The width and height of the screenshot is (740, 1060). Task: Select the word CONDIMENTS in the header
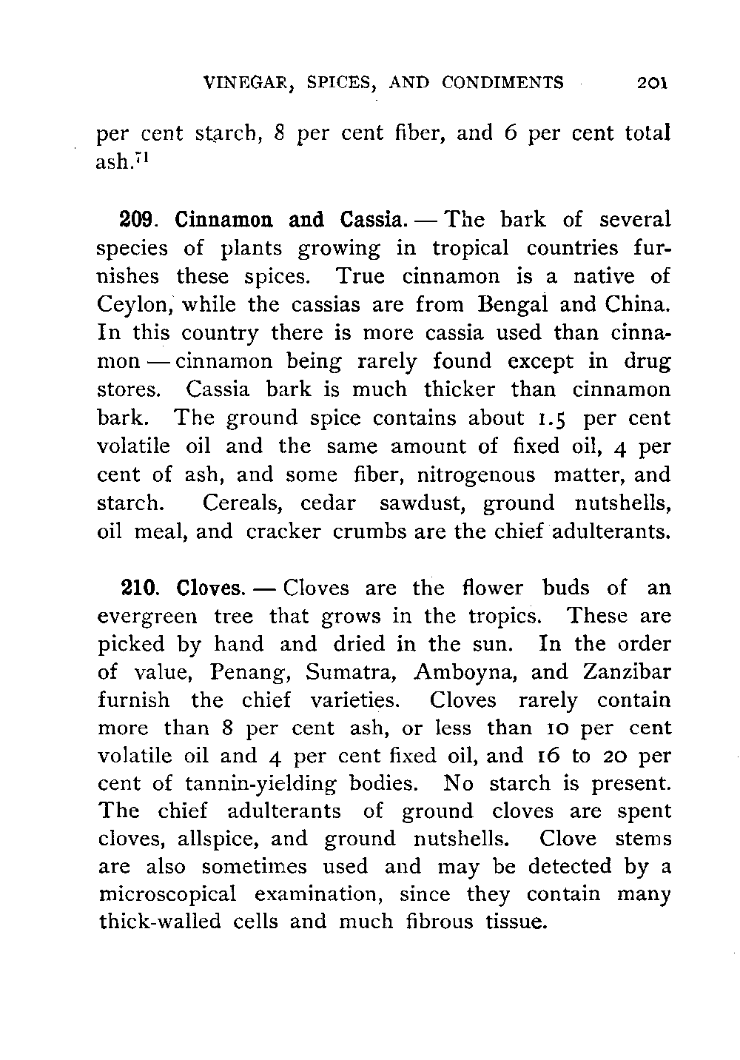tap(502, 82)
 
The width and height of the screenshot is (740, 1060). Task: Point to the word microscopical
tap(167, 896)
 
